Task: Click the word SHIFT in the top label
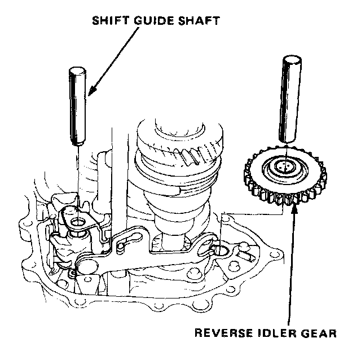pos(107,21)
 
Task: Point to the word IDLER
pos(276,332)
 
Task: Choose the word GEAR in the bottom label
pos(319,332)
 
